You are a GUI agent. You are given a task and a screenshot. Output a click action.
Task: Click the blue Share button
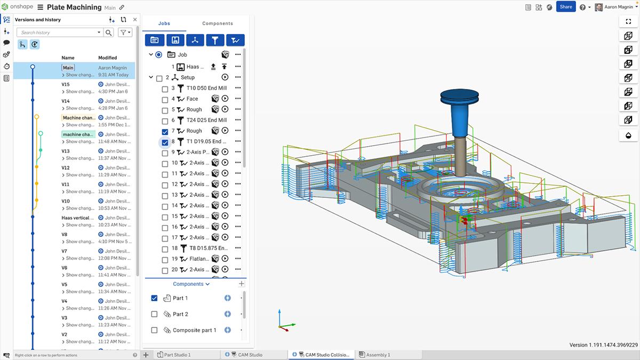566,7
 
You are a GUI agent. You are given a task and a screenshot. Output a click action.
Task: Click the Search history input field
59,33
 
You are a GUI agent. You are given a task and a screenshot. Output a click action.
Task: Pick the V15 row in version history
66,84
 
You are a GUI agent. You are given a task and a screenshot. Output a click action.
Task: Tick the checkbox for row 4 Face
165,99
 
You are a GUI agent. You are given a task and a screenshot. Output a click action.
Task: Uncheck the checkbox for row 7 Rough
165,131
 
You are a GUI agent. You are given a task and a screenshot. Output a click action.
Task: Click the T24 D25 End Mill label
206,120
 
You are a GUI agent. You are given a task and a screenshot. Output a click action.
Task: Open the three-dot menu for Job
238,54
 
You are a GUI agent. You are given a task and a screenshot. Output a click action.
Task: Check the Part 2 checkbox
154,314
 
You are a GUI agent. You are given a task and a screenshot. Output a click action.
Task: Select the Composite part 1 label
194,330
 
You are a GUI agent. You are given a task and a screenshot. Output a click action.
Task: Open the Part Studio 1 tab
177,355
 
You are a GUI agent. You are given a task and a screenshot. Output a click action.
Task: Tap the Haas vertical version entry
78,218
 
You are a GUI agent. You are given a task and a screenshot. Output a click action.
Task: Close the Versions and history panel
134,20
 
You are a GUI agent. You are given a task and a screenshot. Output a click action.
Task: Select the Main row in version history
68,68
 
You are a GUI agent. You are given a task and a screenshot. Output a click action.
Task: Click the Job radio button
158,54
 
